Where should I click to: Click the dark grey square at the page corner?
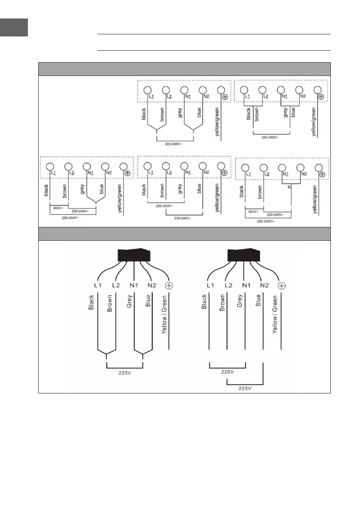tap(14, 27)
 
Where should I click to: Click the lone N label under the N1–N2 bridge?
tap(289, 187)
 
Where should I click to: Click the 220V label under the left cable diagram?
tap(124, 373)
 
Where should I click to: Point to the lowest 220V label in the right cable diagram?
tap(245, 388)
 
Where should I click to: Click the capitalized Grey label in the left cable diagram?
tap(129, 301)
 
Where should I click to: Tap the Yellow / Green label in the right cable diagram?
tap(275, 314)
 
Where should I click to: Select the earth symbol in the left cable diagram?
tap(169, 286)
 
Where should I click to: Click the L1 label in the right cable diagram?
tap(210, 285)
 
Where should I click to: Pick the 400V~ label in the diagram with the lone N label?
tap(253, 212)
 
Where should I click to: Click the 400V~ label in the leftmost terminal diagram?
tap(57, 208)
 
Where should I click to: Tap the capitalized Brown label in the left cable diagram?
tap(110, 303)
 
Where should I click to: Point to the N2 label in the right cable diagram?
tap(265, 285)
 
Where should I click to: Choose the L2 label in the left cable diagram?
tap(116, 285)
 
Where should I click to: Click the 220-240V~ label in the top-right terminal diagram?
tap(270, 137)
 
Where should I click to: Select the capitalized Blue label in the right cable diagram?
tap(258, 300)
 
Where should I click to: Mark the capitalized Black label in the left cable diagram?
tap(91, 302)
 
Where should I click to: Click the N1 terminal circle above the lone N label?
tap(282, 167)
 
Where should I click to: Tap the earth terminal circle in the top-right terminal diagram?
tap(318, 90)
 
